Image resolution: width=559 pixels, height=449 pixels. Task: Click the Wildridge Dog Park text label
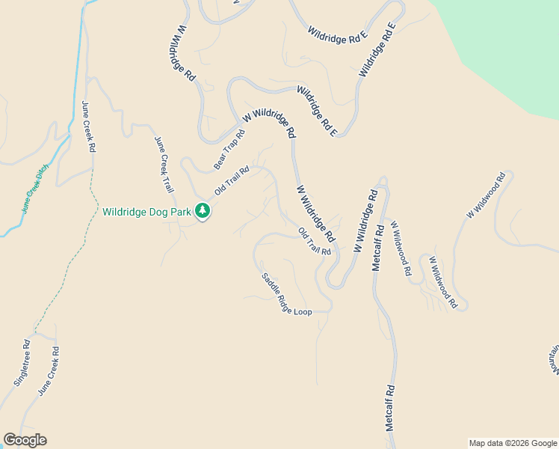146,212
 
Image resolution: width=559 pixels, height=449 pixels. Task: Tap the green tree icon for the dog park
202,212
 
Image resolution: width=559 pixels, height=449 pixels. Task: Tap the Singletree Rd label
22,363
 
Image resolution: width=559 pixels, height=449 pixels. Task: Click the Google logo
25,440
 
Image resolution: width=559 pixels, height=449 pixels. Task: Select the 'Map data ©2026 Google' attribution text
513,443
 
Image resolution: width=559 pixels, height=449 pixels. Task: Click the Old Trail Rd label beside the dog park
232,180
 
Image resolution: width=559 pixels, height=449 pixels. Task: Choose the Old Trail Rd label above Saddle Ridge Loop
315,242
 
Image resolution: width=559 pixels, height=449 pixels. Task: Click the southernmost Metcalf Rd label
389,407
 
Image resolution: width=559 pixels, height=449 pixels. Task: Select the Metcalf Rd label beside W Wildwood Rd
377,247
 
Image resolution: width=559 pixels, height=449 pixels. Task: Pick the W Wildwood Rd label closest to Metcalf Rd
400,249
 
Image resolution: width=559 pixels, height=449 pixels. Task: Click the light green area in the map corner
508,45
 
